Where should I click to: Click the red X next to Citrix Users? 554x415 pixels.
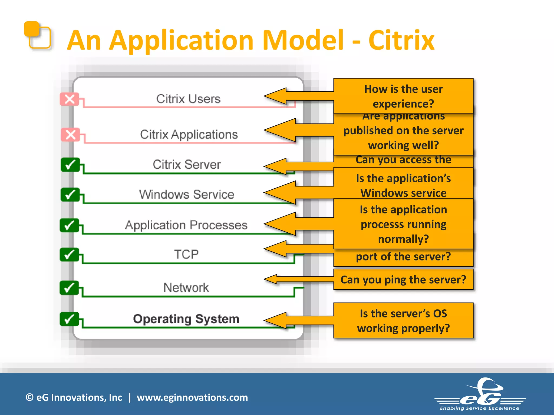(x=70, y=99)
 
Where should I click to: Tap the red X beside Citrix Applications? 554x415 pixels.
(x=71, y=135)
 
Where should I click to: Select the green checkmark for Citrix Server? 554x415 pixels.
(x=70, y=165)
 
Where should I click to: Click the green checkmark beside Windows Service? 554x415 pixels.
(x=70, y=195)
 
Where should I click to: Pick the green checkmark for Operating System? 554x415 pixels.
(x=70, y=319)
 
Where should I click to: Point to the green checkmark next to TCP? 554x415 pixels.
(x=70, y=255)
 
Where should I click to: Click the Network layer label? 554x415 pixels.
(x=186, y=287)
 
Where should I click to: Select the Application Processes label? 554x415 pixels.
(x=186, y=225)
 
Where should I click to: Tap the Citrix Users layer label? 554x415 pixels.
(x=188, y=99)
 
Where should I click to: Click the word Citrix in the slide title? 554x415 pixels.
(x=401, y=41)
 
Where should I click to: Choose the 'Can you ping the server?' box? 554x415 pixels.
(x=403, y=280)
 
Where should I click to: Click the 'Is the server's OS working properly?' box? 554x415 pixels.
(x=403, y=321)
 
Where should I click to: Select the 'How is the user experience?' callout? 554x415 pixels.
(x=403, y=96)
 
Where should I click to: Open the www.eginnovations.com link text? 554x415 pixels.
(x=192, y=397)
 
